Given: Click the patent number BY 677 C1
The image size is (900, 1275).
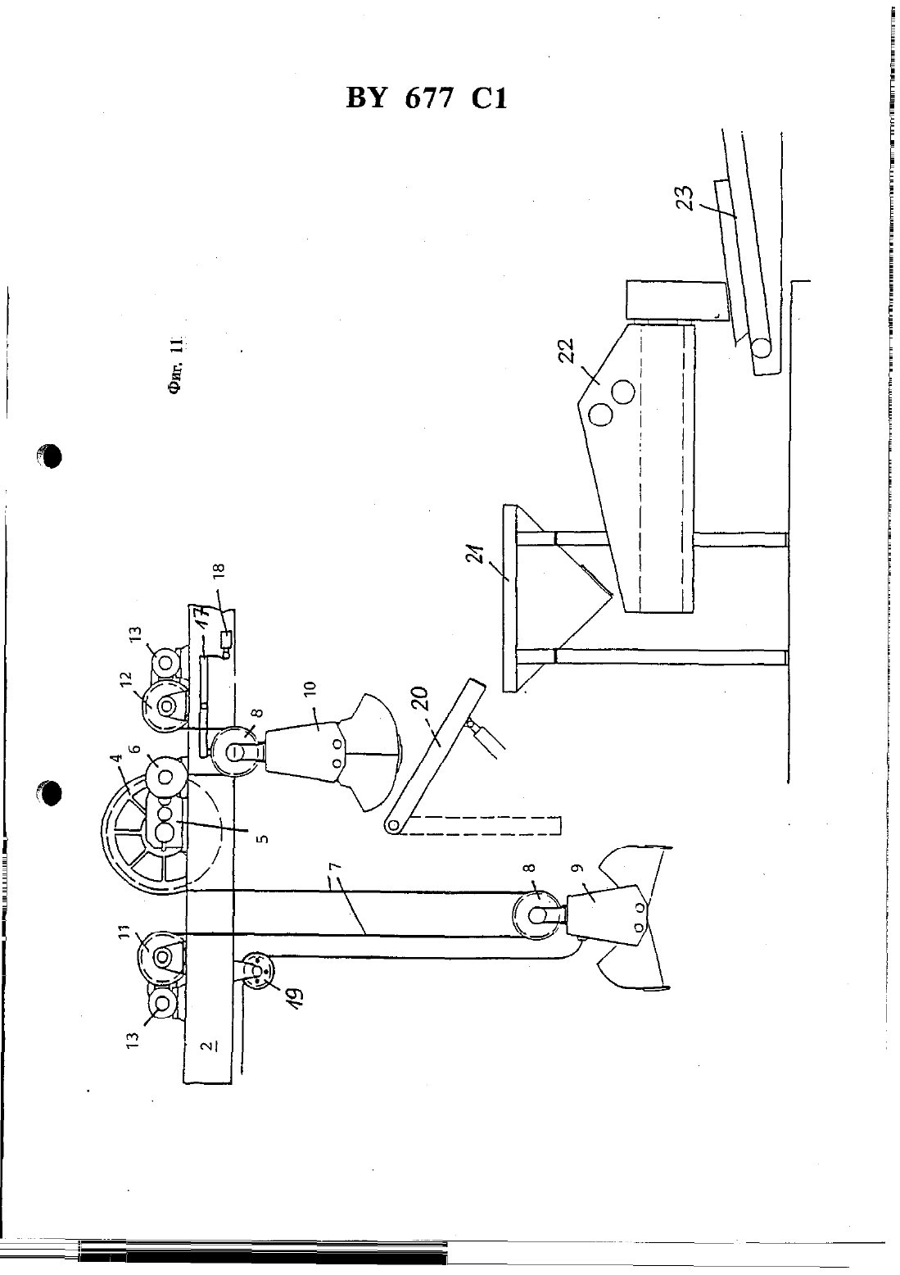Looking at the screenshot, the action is tap(426, 99).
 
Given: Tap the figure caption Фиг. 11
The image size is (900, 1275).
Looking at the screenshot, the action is tap(174, 365).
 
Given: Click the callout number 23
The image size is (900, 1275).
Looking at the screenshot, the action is tap(686, 198).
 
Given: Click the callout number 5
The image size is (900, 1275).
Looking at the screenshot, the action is tap(264, 838).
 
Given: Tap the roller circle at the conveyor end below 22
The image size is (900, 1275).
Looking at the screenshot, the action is tap(761, 347).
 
